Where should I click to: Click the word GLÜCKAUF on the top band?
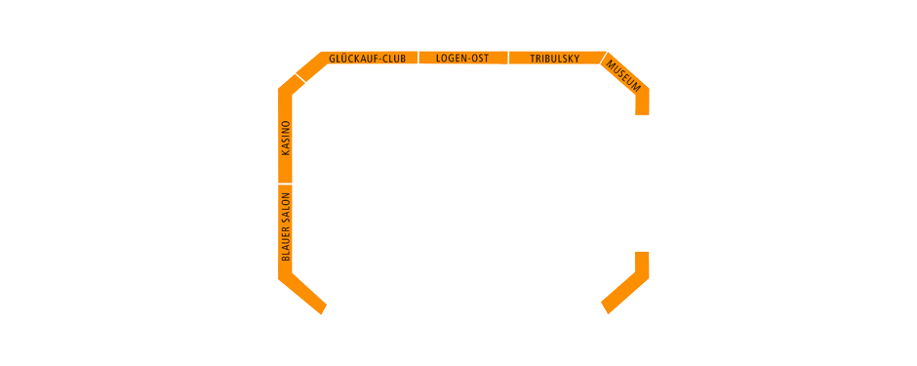coord(353,59)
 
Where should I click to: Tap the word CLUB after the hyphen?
coord(393,59)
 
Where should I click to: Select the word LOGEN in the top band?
coord(451,59)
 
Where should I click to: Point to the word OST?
coord(479,59)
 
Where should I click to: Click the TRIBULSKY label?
coord(555,59)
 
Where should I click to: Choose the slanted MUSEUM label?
coord(623,75)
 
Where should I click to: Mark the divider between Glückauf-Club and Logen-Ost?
coord(419,59)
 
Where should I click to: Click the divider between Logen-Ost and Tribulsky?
coord(508,59)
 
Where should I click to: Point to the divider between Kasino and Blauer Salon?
coord(286,183)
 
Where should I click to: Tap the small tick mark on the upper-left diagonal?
coord(301,76)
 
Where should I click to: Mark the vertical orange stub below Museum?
coord(642,103)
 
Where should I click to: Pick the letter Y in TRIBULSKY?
coord(577,59)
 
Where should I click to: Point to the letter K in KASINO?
coord(286,152)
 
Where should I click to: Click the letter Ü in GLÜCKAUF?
coord(342,59)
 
